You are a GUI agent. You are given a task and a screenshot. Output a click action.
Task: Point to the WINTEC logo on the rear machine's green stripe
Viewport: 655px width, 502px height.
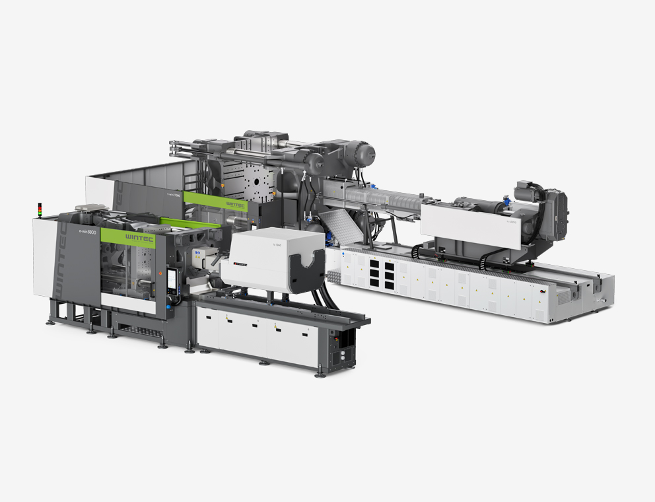(235, 205)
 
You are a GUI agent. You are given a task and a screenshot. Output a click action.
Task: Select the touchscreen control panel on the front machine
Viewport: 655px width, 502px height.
(173, 281)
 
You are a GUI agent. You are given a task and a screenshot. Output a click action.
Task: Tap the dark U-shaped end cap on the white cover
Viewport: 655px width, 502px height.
(308, 272)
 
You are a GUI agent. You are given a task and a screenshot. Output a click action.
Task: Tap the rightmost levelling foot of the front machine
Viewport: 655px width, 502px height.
(320, 374)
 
